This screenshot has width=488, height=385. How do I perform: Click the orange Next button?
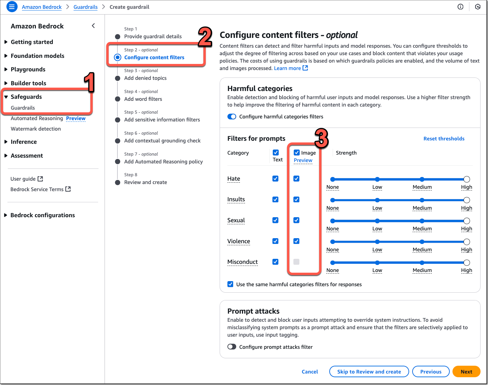466,371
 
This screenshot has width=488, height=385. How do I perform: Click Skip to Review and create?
369,371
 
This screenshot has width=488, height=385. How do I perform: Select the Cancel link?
310,371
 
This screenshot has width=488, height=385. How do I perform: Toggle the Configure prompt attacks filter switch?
232,347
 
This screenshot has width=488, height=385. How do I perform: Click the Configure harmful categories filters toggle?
232,116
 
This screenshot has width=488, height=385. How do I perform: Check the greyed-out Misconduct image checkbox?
296,262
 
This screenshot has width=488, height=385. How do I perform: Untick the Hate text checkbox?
275,179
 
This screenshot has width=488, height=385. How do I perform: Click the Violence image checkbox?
296,241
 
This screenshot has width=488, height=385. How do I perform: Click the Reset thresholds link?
444,138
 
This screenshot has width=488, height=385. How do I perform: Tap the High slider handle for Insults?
466,200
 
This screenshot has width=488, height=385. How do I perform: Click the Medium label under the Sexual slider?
422,229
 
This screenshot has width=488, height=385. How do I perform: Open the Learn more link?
291,68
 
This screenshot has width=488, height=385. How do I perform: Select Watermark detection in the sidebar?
36,129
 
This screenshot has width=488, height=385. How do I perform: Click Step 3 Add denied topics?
145,78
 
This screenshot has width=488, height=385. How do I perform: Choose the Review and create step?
146,182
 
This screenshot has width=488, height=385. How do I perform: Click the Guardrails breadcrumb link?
85,7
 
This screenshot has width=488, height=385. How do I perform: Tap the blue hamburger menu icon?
12,6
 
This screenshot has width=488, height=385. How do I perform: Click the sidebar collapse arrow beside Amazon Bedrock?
93,26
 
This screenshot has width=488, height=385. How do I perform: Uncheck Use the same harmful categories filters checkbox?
230,284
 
